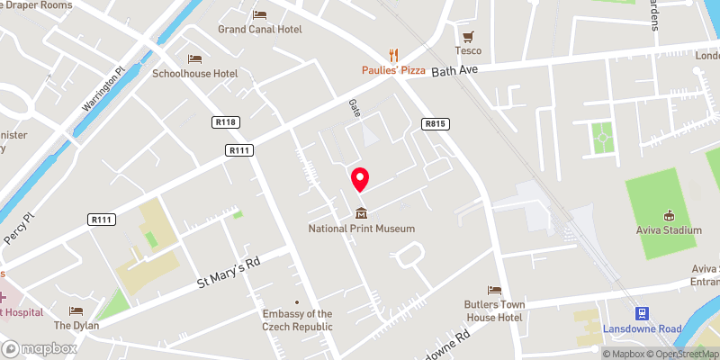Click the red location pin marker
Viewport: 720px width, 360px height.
360,179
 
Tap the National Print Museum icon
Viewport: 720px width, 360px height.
361,213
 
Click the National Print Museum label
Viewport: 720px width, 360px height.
361,229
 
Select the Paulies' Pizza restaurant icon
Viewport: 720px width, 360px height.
392,54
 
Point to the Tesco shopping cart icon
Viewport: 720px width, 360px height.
467,37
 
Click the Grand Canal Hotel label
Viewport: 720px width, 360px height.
260,29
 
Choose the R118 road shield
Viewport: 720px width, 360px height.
225,122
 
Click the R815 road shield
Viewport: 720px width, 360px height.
436,123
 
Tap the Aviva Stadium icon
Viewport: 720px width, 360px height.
669,215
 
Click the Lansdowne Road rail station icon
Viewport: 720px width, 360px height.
643,314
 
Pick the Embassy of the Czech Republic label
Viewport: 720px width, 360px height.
296,319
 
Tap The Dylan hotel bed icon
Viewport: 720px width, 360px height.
76,310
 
